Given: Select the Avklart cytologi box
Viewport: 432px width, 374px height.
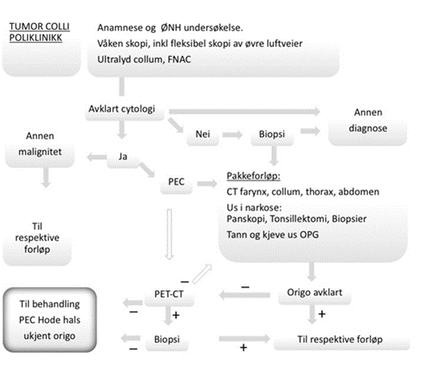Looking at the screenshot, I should [121, 109].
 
